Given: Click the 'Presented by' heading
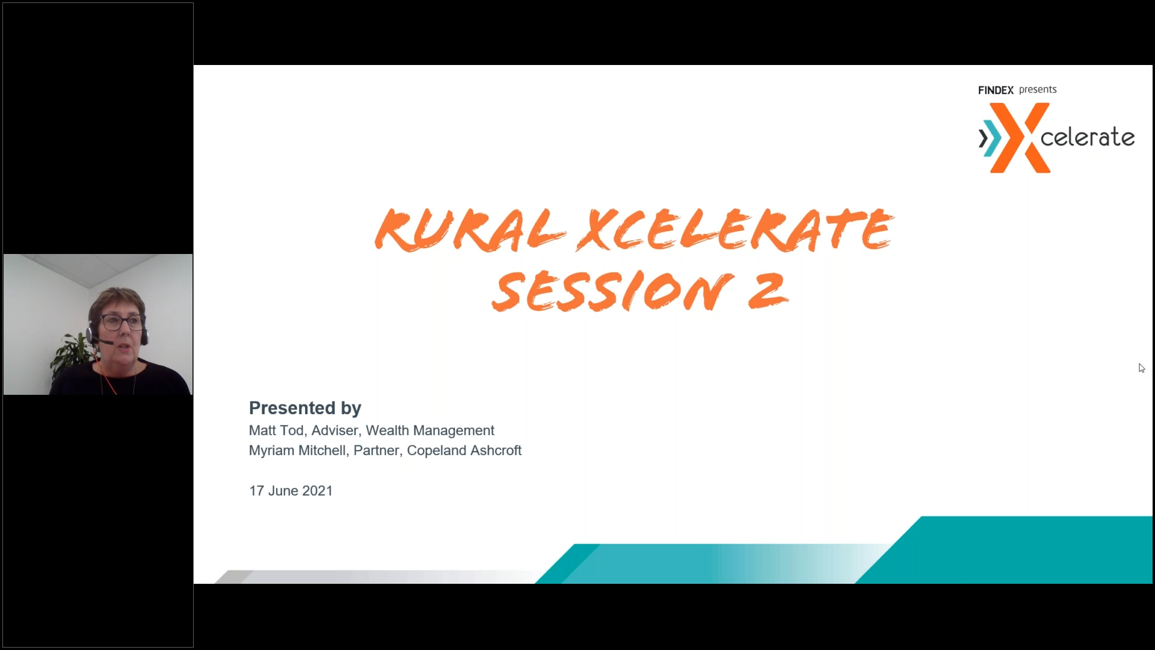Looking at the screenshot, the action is click(305, 408).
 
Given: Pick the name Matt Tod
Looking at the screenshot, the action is click(276, 430).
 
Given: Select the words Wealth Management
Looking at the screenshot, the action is click(430, 431).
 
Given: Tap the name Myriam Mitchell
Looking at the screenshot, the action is click(297, 451).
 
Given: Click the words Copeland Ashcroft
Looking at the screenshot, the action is click(464, 451).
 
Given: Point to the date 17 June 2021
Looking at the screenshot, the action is click(291, 491).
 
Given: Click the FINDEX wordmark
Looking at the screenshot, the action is click(996, 90).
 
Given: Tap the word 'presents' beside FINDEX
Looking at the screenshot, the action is click(1038, 90).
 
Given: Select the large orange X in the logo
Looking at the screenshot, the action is click(1020, 138).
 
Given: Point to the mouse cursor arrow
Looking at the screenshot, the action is click(1141, 368).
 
